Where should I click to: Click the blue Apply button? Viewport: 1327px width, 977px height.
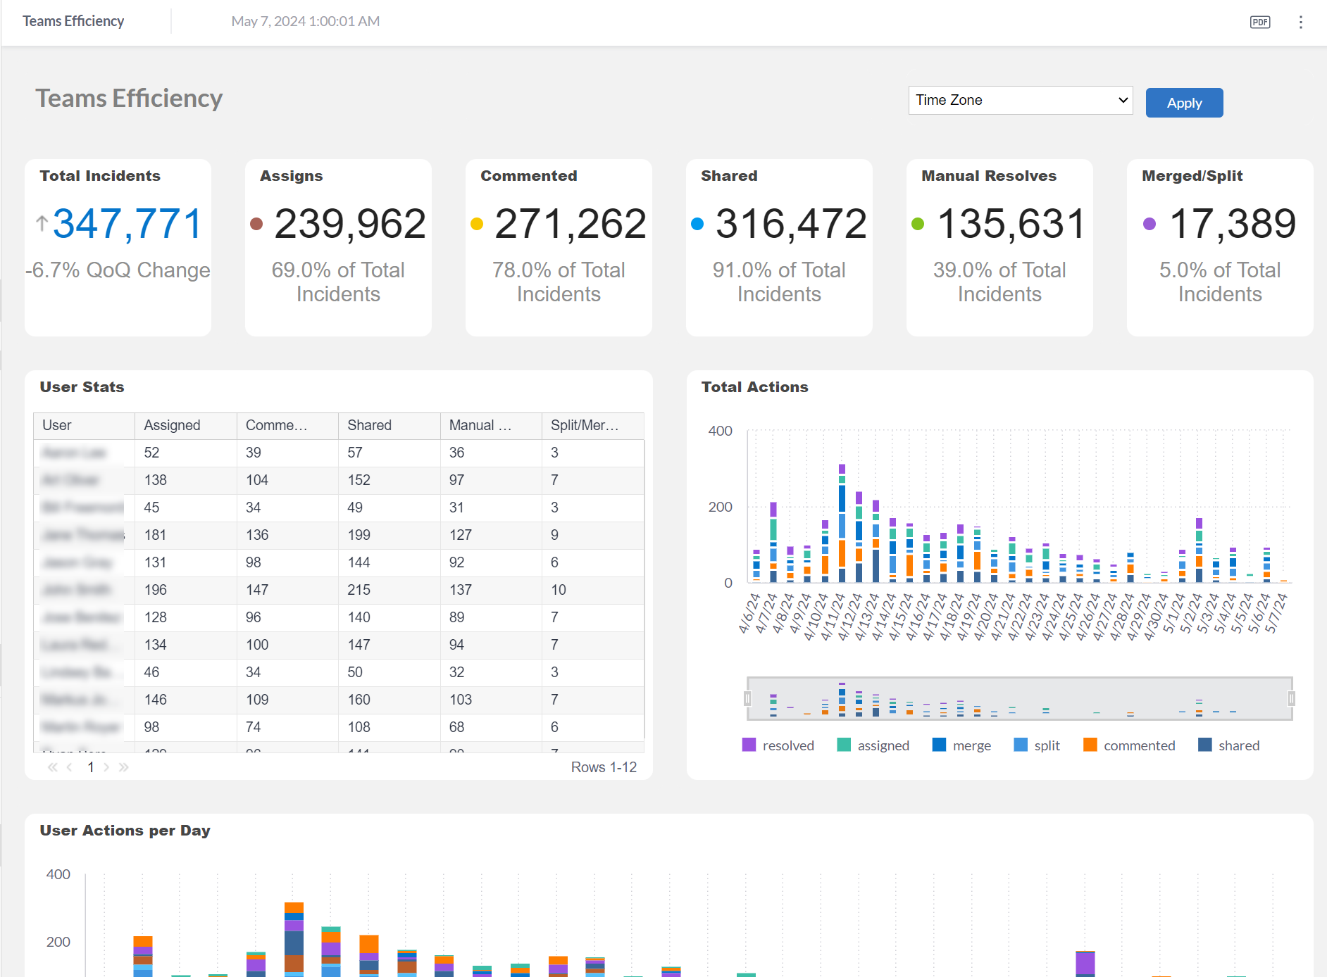pos(1183,103)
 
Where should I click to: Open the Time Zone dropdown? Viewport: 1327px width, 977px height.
pos(1019,100)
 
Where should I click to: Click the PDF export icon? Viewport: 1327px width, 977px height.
pos(1259,22)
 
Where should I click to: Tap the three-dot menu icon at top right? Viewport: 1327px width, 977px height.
pos(1300,22)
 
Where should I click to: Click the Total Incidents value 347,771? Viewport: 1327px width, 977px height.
pos(127,224)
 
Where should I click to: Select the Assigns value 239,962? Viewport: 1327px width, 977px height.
pos(349,224)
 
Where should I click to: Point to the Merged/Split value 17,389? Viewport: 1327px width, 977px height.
pos(1232,224)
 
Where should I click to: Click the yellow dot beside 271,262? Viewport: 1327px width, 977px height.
pos(477,224)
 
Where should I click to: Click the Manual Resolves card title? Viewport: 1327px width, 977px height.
pos(988,176)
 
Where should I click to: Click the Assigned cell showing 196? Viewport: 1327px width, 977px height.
pos(155,590)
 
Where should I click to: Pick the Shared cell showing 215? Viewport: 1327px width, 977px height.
pos(359,590)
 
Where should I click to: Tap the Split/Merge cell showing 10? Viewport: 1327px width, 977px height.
pos(558,590)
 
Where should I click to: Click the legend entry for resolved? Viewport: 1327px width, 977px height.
pos(778,745)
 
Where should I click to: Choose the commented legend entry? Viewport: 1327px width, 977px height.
pos(1128,745)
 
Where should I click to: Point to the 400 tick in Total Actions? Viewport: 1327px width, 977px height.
pos(720,431)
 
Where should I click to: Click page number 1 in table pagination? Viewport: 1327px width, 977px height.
pos(91,767)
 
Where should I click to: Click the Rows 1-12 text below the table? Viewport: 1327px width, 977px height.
pos(603,767)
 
